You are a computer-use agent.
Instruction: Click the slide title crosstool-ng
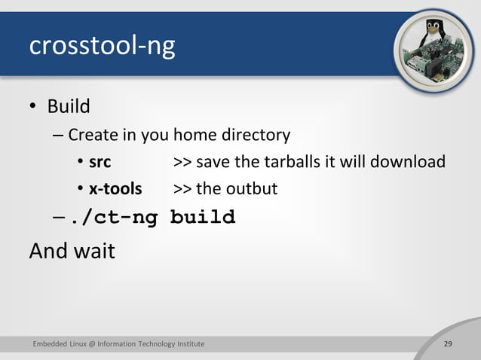click(x=102, y=47)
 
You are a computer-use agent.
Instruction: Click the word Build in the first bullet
click(x=69, y=106)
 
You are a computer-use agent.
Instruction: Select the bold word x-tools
click(x=115, y=188)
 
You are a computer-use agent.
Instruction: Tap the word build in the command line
click(x=202, y=218)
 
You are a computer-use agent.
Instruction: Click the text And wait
click(x=72, y=250)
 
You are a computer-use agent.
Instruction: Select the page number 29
click(x=448, y=344)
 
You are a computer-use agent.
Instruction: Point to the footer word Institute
click(x=190, y=344)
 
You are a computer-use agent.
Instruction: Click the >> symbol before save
click(x=182, y=162)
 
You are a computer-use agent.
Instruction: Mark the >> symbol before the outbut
click(x=182, y=188)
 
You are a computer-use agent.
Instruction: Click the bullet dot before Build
click(x=33, y=107)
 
